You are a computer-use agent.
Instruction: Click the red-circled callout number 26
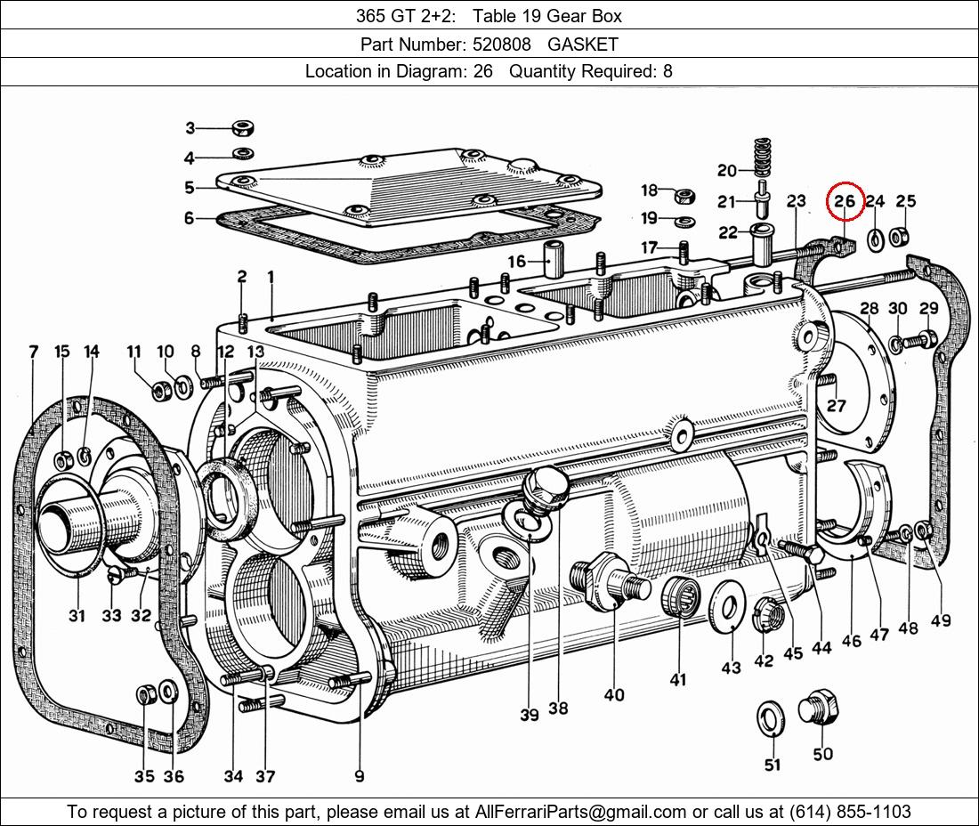(x=845, y=202)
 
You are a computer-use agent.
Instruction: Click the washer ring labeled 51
(x=770, y=718)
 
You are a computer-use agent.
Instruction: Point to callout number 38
(x=558, y=709)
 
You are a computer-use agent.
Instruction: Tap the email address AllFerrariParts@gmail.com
(x=580, y=812)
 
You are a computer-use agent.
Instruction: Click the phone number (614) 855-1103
(x=849, y=812)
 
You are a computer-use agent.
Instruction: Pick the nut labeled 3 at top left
(x=241, y=128)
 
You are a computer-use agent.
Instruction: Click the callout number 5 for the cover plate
(x=190, y=188)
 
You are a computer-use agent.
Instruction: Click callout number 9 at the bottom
(x=359, y=776)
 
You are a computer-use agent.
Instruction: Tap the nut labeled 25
(x=900, y=237)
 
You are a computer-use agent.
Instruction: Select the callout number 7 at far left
(x=34, y=352)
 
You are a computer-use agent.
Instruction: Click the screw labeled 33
(x=117, y=576)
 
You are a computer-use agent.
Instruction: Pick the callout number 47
(x=879, y=635)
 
